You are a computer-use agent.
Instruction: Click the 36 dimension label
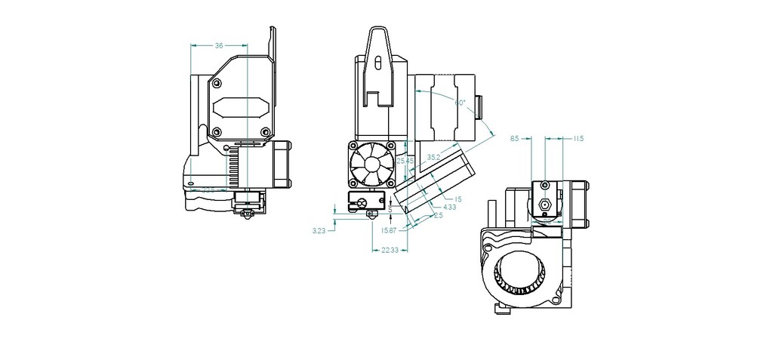[x=219, y=46]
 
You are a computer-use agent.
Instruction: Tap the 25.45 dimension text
[x=404, y=161]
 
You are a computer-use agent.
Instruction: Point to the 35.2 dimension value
[x=433, y=157]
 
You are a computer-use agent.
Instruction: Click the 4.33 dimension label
[x=449, y=207]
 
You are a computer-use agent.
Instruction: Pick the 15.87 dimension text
[x=389, y=231]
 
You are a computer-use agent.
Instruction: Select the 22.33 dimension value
[x=390, y=250]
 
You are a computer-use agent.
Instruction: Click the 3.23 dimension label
[x=319, y=231]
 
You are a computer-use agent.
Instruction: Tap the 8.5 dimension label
[x=515, y=139]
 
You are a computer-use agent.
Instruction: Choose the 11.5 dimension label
[x=578, y=139]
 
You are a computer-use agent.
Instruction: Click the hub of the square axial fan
[x=371, y=164]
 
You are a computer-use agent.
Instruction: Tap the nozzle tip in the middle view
[x=372, y=215]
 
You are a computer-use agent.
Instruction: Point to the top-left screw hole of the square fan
[x=353, y=146]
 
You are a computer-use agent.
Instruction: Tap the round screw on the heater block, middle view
[x=363, y=202]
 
